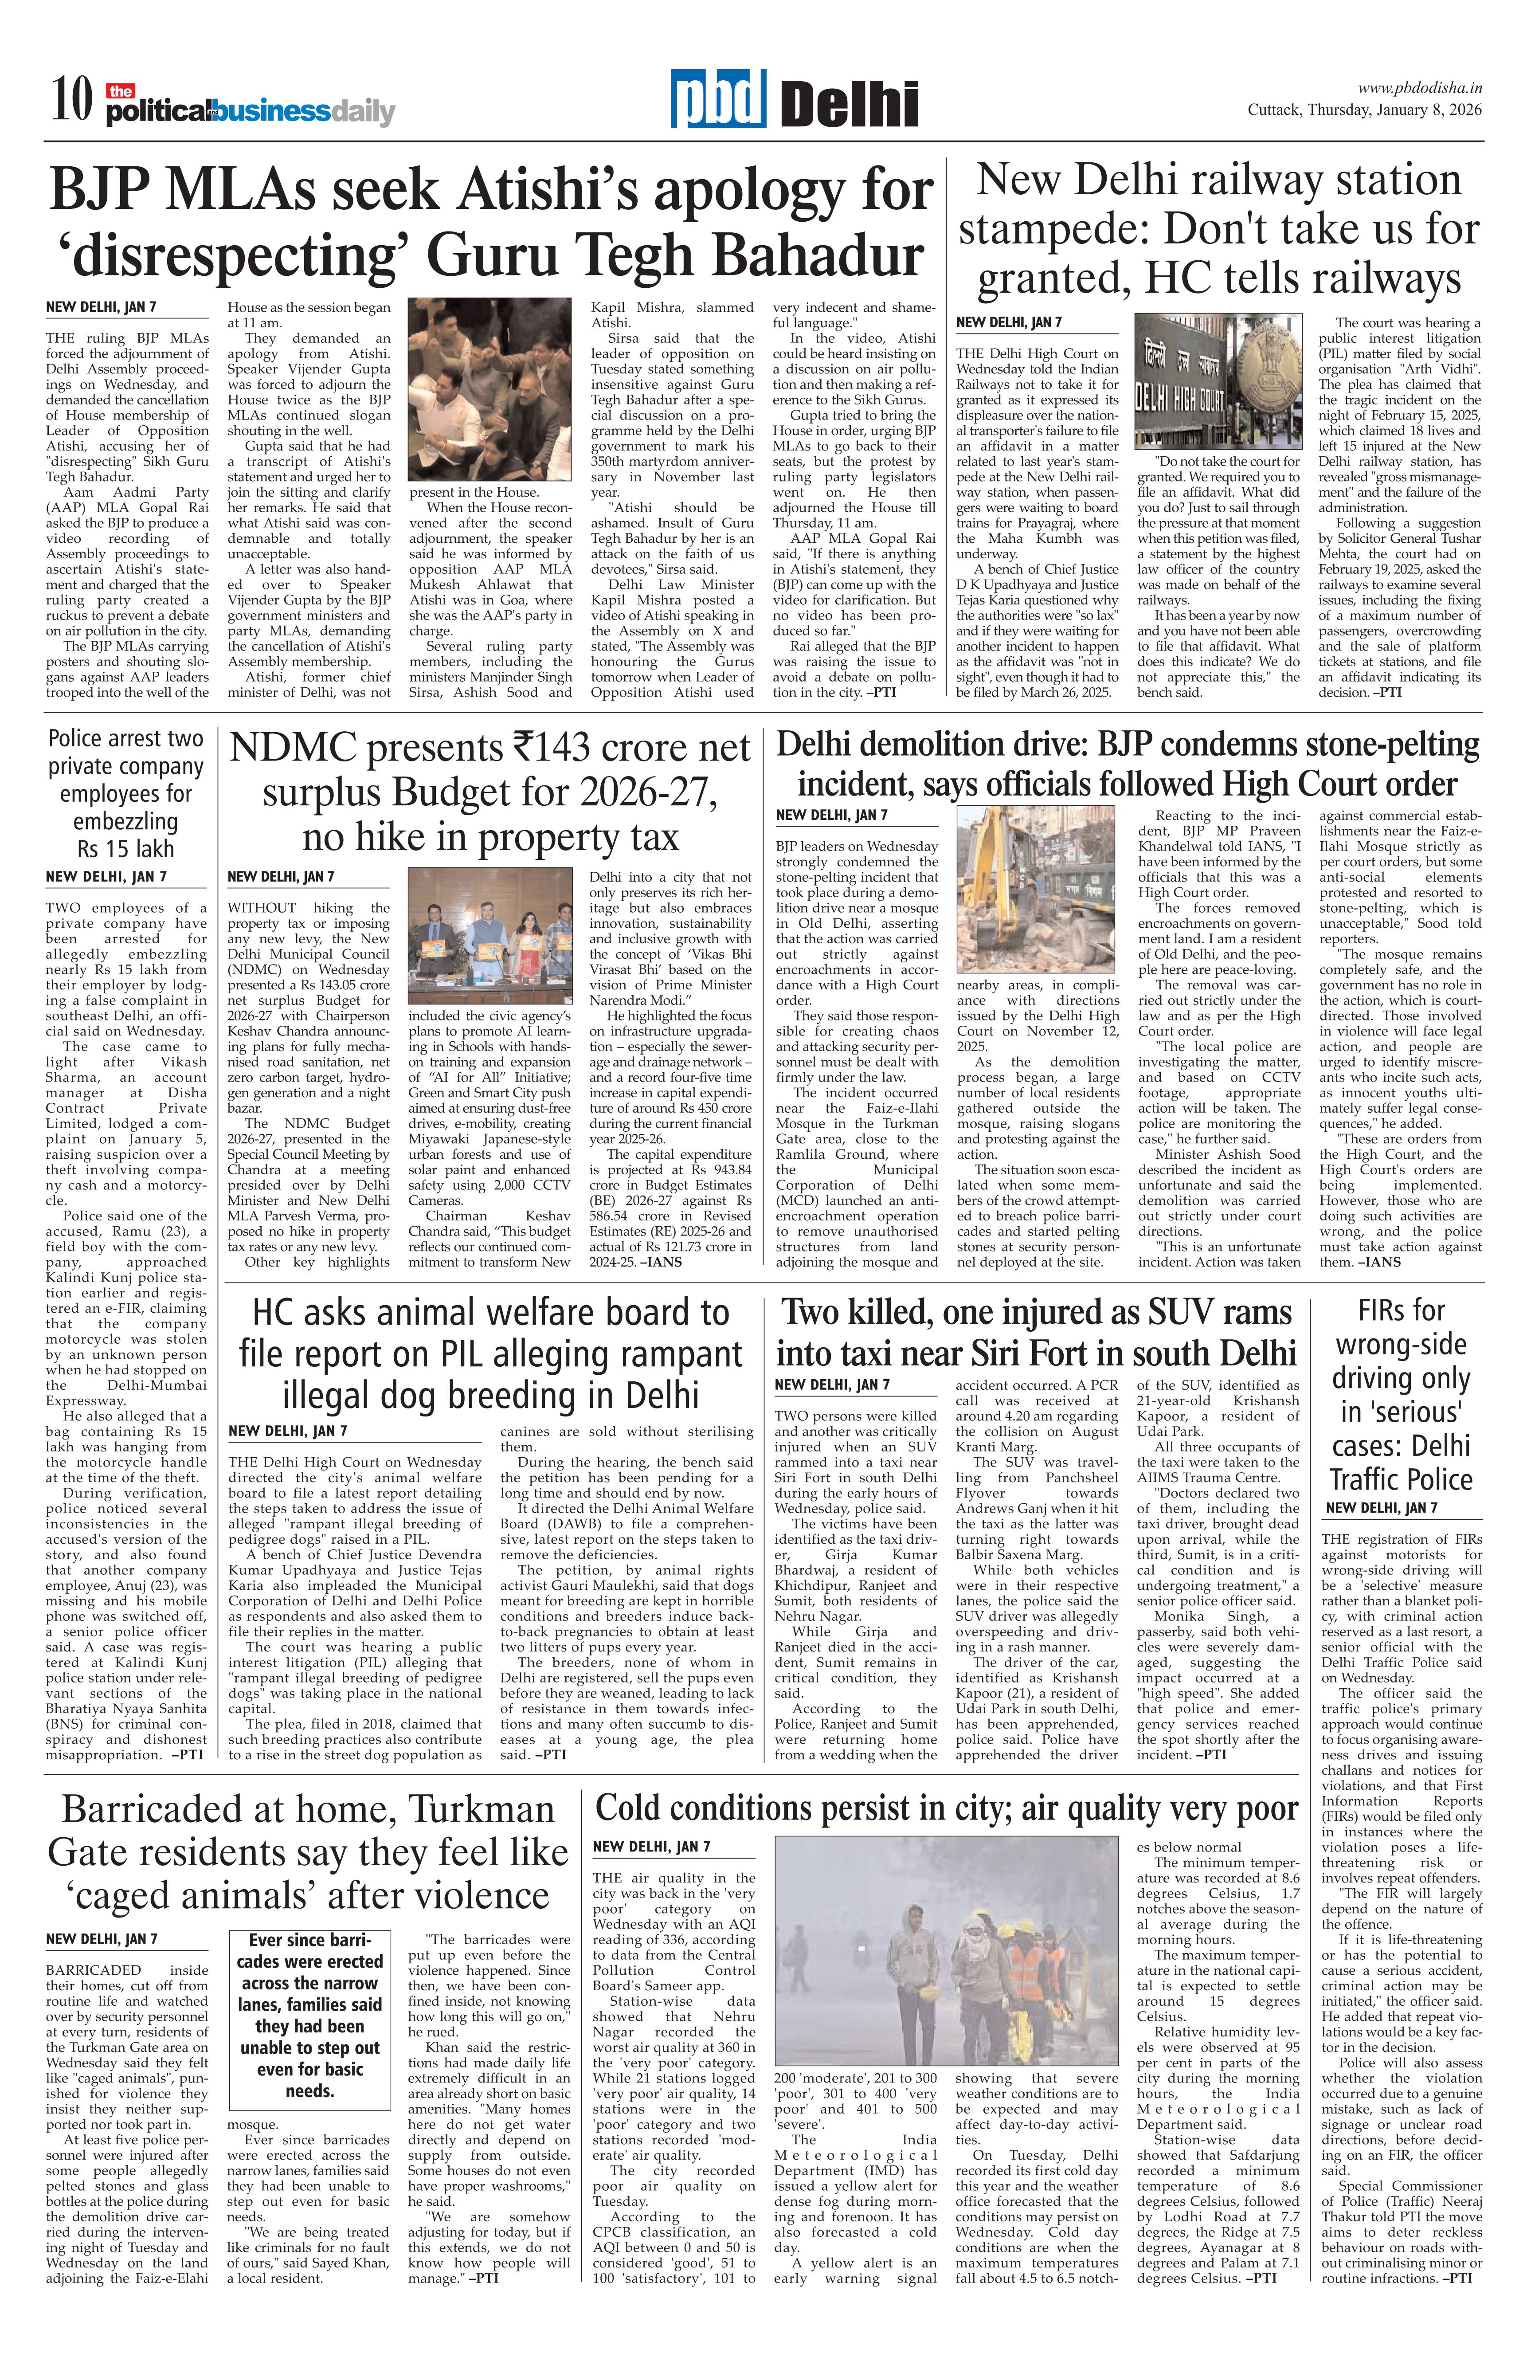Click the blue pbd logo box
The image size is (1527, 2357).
click(718, 99)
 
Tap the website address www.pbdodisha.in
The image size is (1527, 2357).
click(1419, 88)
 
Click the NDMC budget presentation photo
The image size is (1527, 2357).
click(490, 936)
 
